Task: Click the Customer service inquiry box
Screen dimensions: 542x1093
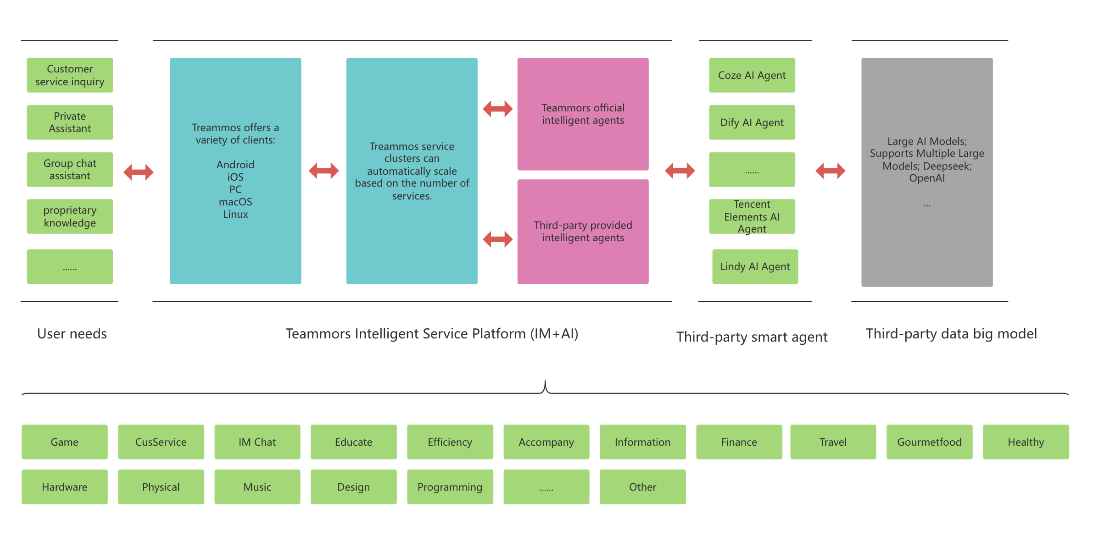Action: (70, 75)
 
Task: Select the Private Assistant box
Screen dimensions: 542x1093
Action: (70, 122)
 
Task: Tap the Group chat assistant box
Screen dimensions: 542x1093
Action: (70, 170)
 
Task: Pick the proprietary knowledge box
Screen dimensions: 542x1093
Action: (70, 216)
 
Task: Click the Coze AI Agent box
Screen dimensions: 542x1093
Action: (752, 75)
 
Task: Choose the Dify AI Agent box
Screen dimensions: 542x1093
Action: (752, 122)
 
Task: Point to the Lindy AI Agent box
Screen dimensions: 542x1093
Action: (755, 266)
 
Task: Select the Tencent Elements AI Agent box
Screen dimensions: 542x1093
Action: (752, 216)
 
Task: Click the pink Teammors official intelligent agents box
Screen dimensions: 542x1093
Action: (583, 114)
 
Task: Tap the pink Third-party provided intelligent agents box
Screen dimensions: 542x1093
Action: (583, 232)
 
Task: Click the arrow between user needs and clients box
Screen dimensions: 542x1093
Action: (138, 172)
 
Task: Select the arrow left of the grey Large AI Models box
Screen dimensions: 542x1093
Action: (830, 171)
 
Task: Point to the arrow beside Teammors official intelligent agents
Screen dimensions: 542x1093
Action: (497, 109)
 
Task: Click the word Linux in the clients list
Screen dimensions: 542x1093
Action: (235, 214)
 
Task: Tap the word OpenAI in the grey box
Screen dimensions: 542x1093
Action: (927, 178)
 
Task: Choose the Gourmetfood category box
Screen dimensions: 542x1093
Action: (929, 442)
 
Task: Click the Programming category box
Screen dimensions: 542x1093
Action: (450, 487)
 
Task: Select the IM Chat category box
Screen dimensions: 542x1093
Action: (257, 442)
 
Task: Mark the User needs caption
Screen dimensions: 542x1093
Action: (72, 334)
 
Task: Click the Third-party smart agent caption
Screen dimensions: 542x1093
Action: (752, 337)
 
